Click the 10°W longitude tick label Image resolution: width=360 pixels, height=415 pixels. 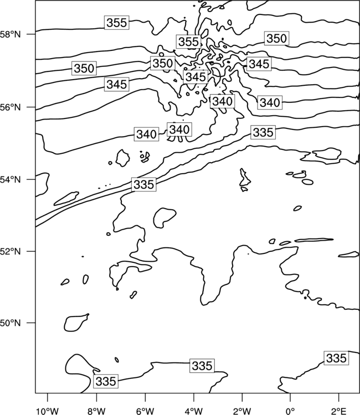pos(48,411)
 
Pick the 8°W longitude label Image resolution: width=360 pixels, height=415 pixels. pos(96,411)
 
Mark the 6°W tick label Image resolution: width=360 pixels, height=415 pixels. pos(145,411)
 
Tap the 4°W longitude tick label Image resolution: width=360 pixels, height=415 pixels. pos(194,411)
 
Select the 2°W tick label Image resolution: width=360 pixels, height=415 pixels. pos(242,411)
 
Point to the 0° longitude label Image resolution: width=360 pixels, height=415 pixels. pos(290,411)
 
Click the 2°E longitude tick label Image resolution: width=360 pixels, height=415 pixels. pos(339,411)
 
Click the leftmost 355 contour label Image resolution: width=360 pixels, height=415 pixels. pos(116,23)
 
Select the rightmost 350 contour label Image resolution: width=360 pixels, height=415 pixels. pos(276,38)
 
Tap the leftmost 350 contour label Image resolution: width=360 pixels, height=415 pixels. pos(84,68)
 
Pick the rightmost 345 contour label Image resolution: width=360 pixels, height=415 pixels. pos(259,64)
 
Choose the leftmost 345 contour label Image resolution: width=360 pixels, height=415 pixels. pos(116,85)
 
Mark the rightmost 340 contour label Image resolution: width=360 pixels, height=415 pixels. pos(270,102)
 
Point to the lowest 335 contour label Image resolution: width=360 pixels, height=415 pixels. pos(106,381)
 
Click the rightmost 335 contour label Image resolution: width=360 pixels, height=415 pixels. pos(336,358)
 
